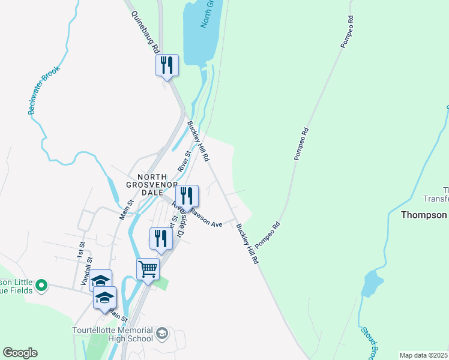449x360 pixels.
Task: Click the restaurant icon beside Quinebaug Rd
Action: click(x=167, y=64)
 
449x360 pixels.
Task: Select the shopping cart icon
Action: click(x=148, y=269)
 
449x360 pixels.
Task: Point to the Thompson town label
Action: click(x=424, y=215)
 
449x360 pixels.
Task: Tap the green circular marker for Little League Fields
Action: click(x=41, y=286)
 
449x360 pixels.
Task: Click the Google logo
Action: click(x=20, y=353)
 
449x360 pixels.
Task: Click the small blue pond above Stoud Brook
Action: click(x=372, y=283)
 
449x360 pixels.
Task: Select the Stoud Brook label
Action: click(x=368, y=342)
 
